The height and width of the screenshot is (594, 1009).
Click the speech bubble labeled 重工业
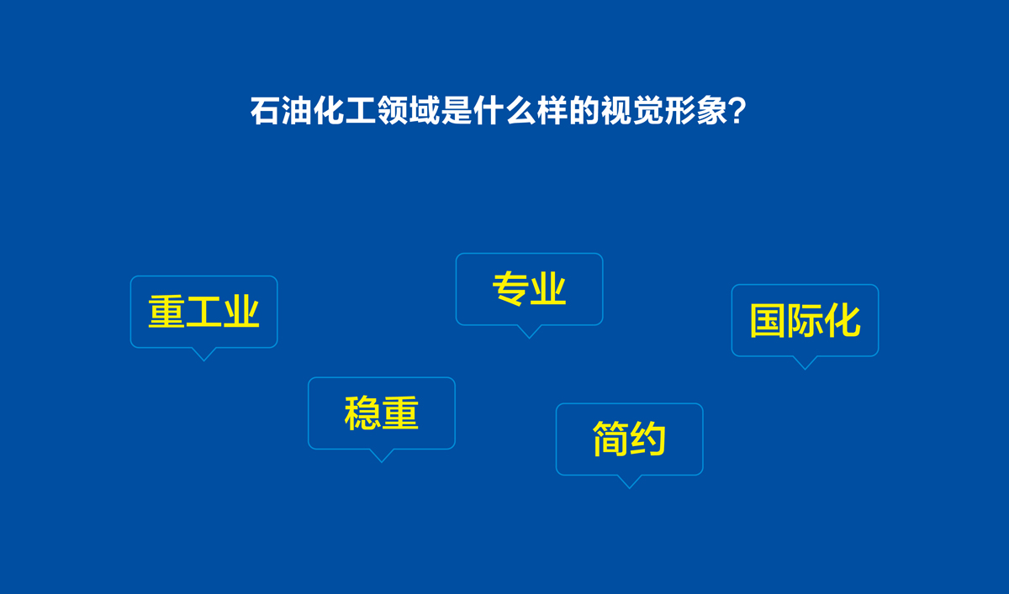pos(203,312)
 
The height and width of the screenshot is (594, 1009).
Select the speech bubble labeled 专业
pos(529,289)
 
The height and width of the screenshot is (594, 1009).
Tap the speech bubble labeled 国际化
pos(805,320)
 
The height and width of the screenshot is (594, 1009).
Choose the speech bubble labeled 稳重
pos(381,413)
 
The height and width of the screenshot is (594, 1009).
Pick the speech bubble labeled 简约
pos(629,439)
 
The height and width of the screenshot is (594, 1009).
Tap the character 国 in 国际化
pos(768,321)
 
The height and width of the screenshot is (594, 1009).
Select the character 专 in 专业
pos(510,289)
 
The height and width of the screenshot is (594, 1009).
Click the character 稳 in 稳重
pos(362,413)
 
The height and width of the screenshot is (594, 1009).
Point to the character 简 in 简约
pos(610,439)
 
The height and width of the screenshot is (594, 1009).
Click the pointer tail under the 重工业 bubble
pos(203,354)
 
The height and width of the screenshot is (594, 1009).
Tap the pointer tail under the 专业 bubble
pos(528,331)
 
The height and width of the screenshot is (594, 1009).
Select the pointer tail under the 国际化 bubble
pos(805,362)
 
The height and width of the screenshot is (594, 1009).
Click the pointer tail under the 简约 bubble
pos(628,481)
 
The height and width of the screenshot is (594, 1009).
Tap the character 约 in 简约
pos(648,439)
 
